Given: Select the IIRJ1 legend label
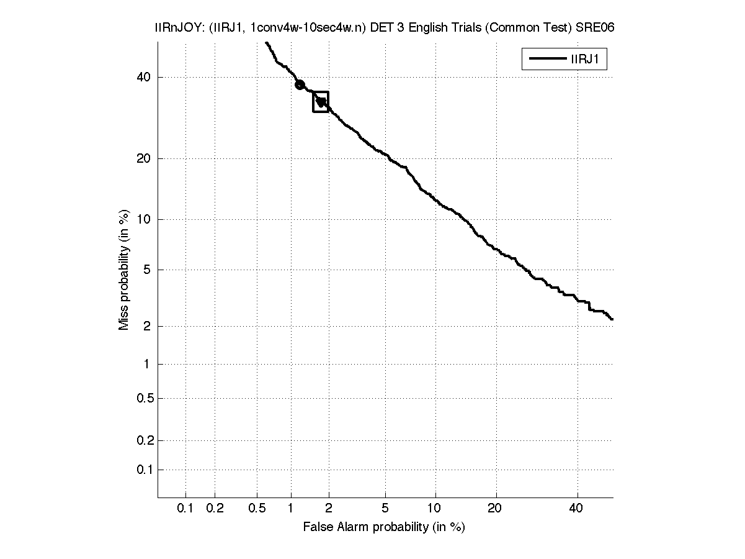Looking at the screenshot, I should point(584,60).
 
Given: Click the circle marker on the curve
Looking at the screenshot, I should point(300,84).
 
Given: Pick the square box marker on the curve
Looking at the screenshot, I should point(321,101).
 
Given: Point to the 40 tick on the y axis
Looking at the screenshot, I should point(144,77).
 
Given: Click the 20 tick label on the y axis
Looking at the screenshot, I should point(144,158).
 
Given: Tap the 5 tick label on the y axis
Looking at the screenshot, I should point(147,270).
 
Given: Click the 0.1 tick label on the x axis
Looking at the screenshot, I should point(185,509).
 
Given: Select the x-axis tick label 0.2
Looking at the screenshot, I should point(215,509).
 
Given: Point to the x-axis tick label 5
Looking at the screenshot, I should point(385,509).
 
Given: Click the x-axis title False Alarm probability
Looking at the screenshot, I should point(383,527).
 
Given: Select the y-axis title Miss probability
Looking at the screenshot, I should point(124,270).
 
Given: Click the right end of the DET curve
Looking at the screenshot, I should point(612,319).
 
